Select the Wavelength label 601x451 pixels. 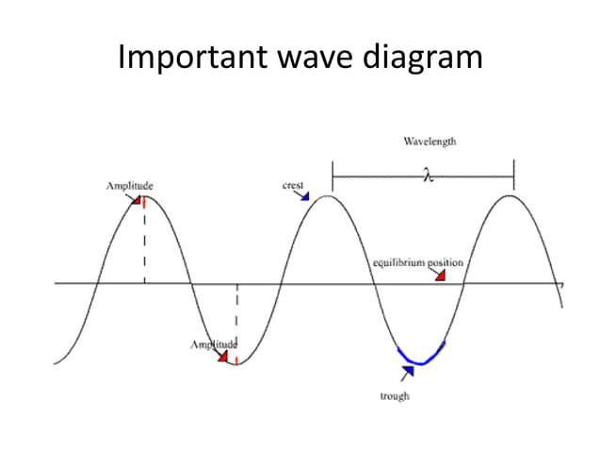430,142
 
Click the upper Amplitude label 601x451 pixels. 128,186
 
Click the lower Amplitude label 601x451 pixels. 214,344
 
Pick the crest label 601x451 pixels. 292,185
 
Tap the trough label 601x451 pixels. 394,396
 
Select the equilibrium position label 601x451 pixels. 414,261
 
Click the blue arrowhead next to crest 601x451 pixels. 303,195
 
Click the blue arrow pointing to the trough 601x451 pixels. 406,373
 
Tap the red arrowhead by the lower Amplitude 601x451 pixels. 224,357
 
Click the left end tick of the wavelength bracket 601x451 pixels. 333,174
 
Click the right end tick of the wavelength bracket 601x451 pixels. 513,174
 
